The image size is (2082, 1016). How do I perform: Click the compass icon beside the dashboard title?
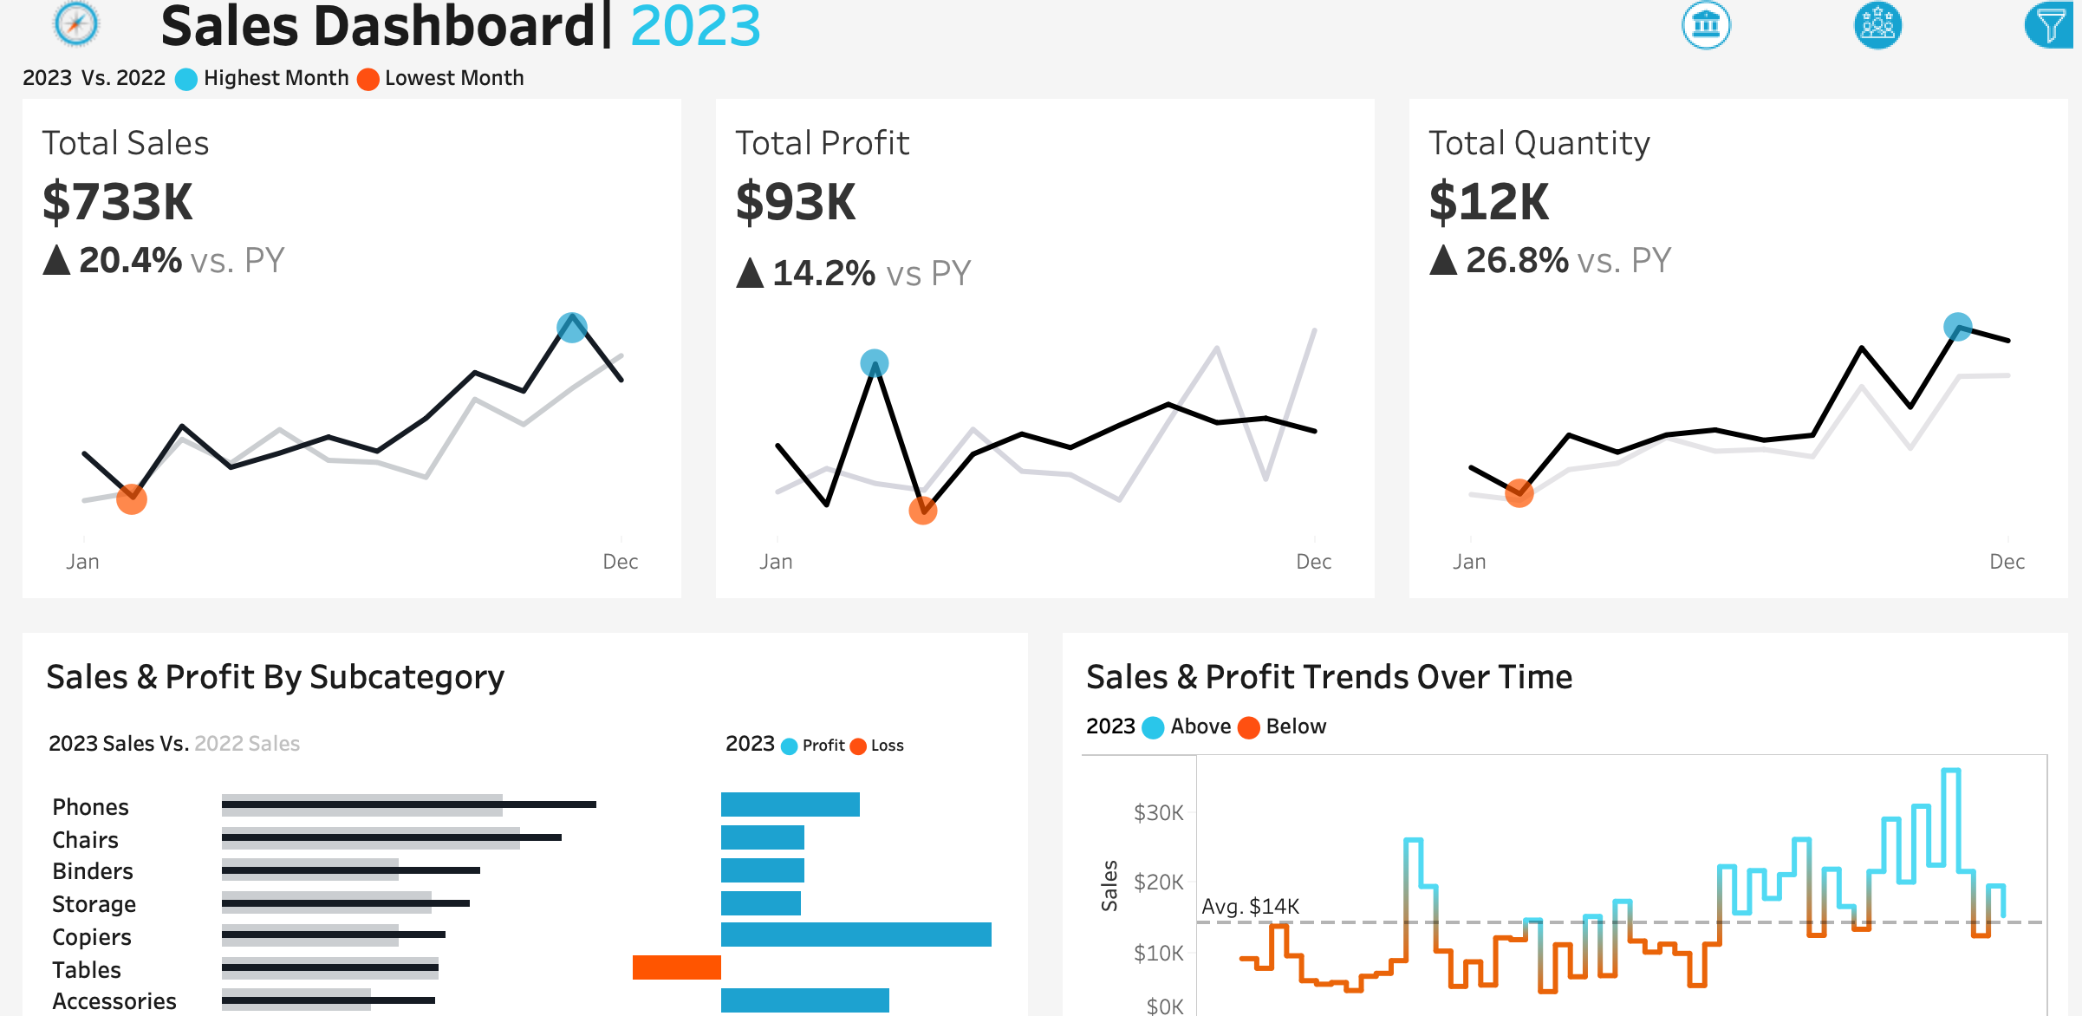76,23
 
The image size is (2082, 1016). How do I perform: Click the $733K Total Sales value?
118,202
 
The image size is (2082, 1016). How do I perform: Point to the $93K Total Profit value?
796,202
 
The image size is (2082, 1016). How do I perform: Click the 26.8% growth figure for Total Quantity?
1517,260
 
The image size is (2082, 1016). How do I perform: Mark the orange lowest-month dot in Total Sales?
132,499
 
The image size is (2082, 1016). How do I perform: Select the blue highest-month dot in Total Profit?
875,363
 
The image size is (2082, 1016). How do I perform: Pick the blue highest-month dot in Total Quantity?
1958,327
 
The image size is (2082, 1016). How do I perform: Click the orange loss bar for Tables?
677,967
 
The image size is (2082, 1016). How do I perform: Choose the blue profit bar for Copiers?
856,935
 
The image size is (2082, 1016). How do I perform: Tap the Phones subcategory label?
90,807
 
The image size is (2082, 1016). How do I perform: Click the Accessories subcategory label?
114,1001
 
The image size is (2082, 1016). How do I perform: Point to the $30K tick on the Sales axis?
1158,813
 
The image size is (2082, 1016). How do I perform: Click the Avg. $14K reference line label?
1250,907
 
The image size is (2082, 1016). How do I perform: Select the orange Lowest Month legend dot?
368,79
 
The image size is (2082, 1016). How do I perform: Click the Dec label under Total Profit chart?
1313,562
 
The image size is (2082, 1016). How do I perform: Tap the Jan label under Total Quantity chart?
1469,562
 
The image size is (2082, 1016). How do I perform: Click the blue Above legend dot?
1153,727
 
